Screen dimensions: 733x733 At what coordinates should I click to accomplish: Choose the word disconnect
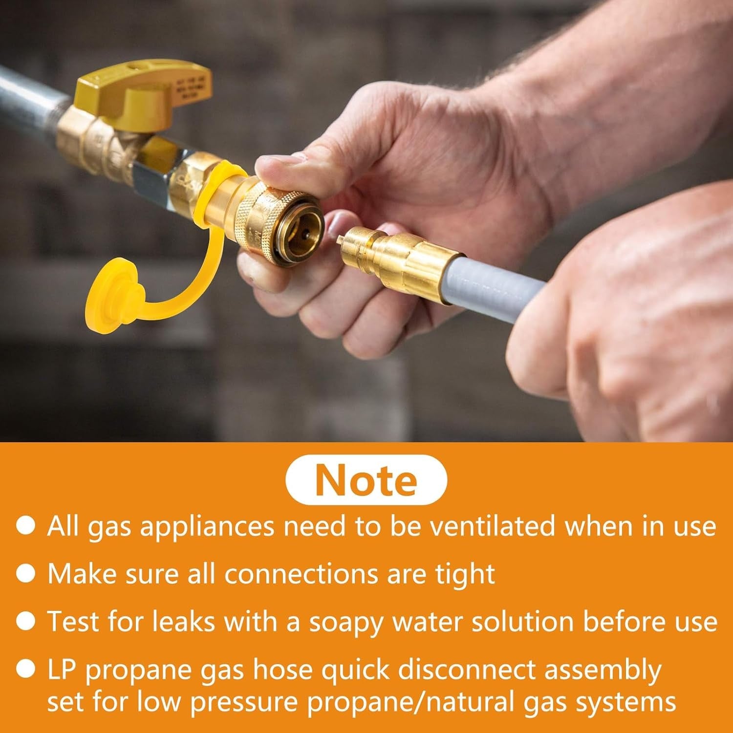click(x=467, y=670)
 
